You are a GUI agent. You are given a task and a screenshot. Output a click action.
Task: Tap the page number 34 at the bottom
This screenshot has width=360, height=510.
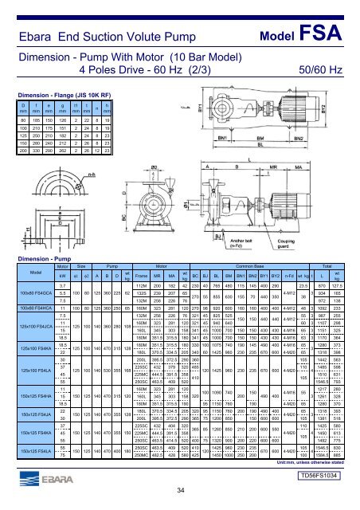181,490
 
